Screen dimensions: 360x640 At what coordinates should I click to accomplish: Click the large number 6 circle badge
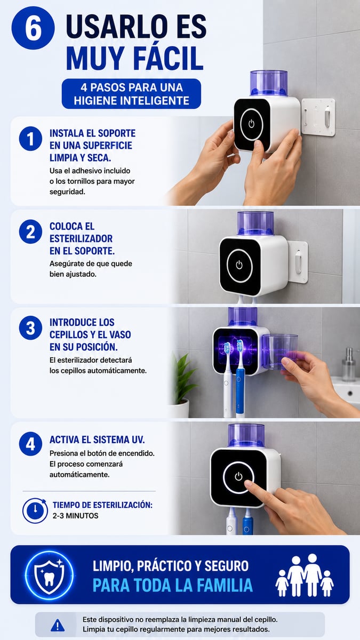pos(33,28)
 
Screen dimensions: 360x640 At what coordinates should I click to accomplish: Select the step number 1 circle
pos(30,139)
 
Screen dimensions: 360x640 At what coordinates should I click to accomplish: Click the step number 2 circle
pos(30,231)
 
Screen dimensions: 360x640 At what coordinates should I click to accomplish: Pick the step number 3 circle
pos(30,327)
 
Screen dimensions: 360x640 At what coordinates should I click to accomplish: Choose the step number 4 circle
pos(30,444)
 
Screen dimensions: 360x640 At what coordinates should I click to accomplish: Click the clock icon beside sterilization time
pos(35,510)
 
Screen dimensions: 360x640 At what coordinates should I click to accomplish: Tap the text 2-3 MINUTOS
pos(75,516)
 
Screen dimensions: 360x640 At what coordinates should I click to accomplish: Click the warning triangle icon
pos(58,626)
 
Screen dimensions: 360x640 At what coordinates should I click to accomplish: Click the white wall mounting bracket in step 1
pos(318,117)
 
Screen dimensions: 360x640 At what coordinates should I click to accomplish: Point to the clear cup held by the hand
pos(280,351)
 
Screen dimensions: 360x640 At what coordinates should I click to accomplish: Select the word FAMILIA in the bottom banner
pos(214,585)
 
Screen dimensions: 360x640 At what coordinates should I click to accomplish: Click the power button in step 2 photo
pos(239,265)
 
